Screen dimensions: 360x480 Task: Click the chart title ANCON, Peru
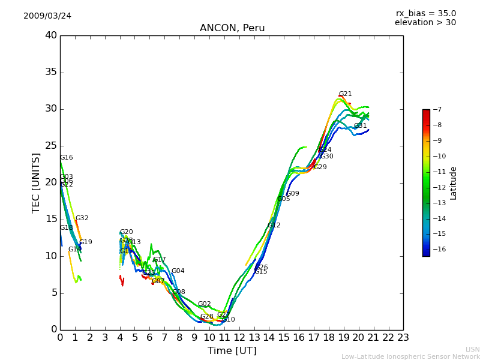(x=232, y=28)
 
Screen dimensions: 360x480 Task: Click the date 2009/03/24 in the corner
(x=47, y=16)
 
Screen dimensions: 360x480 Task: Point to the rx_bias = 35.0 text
(x=425, y=13)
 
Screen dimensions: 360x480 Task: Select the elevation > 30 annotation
(x=425, y=23)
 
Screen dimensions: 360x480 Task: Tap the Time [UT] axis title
(x=232, y=351)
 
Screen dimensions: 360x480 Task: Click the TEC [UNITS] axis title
(x=36, y=182)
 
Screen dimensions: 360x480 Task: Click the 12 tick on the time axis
(x=239, y=337)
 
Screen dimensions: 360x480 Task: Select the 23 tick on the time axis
(x=403, y=337)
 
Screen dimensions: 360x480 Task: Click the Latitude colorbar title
(x=454, y=183)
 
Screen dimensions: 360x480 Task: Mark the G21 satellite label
(x=345, y=94)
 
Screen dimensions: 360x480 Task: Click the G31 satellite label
(x=360, y=126)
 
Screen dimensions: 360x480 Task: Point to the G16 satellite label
(x=66, y=158)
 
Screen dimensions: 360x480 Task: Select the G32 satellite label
(x=82, y=218)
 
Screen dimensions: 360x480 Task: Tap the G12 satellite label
(x=274, y=226)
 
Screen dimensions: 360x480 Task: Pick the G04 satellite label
(x=178, y=271)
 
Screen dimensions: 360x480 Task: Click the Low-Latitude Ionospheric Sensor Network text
(x=410, y=356)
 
